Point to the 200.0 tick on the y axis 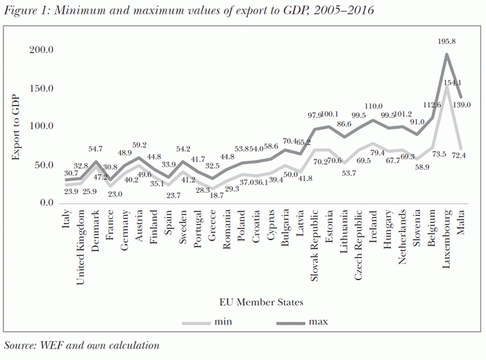pos(42,50)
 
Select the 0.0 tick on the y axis pos(47,203)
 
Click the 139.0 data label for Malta pos(462,105)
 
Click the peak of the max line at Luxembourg pos(446,54)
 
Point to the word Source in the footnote pos(21,345)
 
